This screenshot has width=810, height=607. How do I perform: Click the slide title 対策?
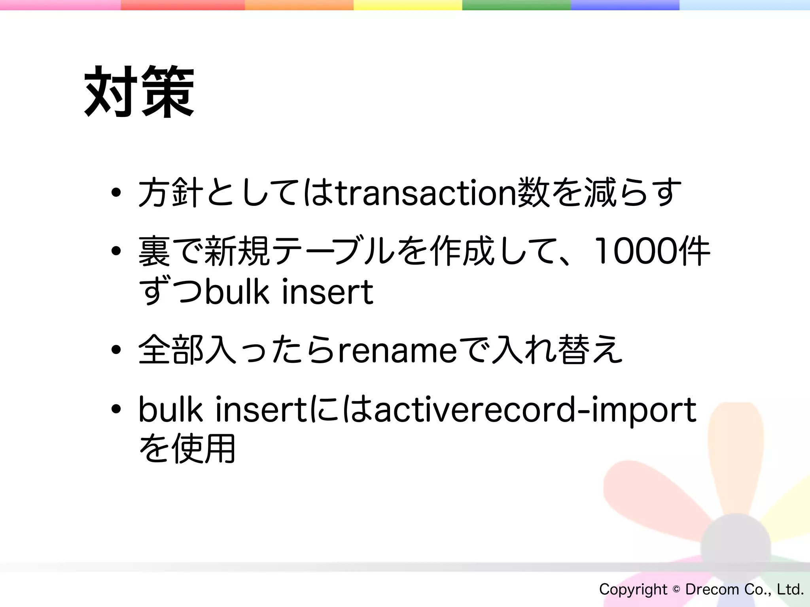pyautogui.click(x=139, y=92)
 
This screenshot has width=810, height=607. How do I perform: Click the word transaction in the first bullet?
pyautogui.click(x=426, y=193)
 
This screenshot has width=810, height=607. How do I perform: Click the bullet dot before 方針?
pyautogui.click(x=116, y=193)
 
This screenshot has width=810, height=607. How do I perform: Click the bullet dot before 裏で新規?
pyautogui.click(x=116, y=251)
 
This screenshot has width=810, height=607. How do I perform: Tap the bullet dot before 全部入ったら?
pyautogui.click(x=116, y=350)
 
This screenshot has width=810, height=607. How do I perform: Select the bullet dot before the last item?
pyautogui.click(x=116, y=410)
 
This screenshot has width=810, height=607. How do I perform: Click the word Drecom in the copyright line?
pyautogui.click(x=712, y=589)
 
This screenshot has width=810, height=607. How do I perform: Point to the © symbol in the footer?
pyautogui.click(x=676, y=589)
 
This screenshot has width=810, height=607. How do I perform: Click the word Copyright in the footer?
pyautogui.click(x=633, y=589)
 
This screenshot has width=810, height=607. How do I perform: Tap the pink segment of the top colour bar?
pyautogui.click(x=59, y=5)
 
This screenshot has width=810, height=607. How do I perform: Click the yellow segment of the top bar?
pyautogui.click(x=407, y=5)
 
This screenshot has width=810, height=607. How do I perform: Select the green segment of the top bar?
pyautogui.click(x=516, y=5)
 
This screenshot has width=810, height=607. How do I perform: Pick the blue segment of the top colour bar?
pyautogui.click(x=625, y=5)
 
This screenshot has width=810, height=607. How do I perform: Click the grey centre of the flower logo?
pyautogui.click(x=736, y=547)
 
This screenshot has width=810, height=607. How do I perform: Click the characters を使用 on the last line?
pyautogui.click(x=187, y=449)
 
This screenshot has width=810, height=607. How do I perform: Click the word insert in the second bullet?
pyautogui.click(x=327, y=292)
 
